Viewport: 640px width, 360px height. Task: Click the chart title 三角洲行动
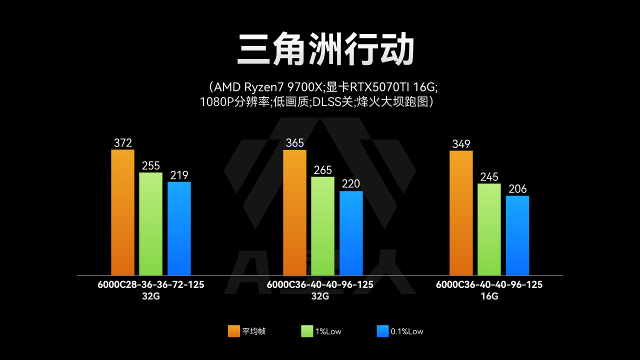[325, 49]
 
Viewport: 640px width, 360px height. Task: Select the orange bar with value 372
[122, 212]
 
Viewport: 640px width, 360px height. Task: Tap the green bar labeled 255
[150, 223]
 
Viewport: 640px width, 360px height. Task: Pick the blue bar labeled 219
[179, 228]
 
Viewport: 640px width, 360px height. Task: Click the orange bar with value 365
[294, 212]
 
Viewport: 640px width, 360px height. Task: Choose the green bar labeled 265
[322, 226]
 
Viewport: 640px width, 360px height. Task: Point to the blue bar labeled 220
[351, 233]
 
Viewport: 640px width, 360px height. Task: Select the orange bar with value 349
[461, 213]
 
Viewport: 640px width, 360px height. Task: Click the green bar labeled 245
[489, 229]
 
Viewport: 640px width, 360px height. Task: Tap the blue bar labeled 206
[517, 235]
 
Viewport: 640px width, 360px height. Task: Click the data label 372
[122, 143]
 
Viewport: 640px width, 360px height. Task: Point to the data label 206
[517, 189]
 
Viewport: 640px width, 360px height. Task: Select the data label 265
[322, 170]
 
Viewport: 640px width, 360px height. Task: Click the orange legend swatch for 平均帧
[233, 331]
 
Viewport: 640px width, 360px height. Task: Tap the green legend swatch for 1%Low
[307, 331]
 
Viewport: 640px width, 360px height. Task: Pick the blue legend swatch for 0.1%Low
[382, 331]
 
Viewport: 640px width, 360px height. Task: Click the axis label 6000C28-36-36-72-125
[151, 284]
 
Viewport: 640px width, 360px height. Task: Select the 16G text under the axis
[489, 296]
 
